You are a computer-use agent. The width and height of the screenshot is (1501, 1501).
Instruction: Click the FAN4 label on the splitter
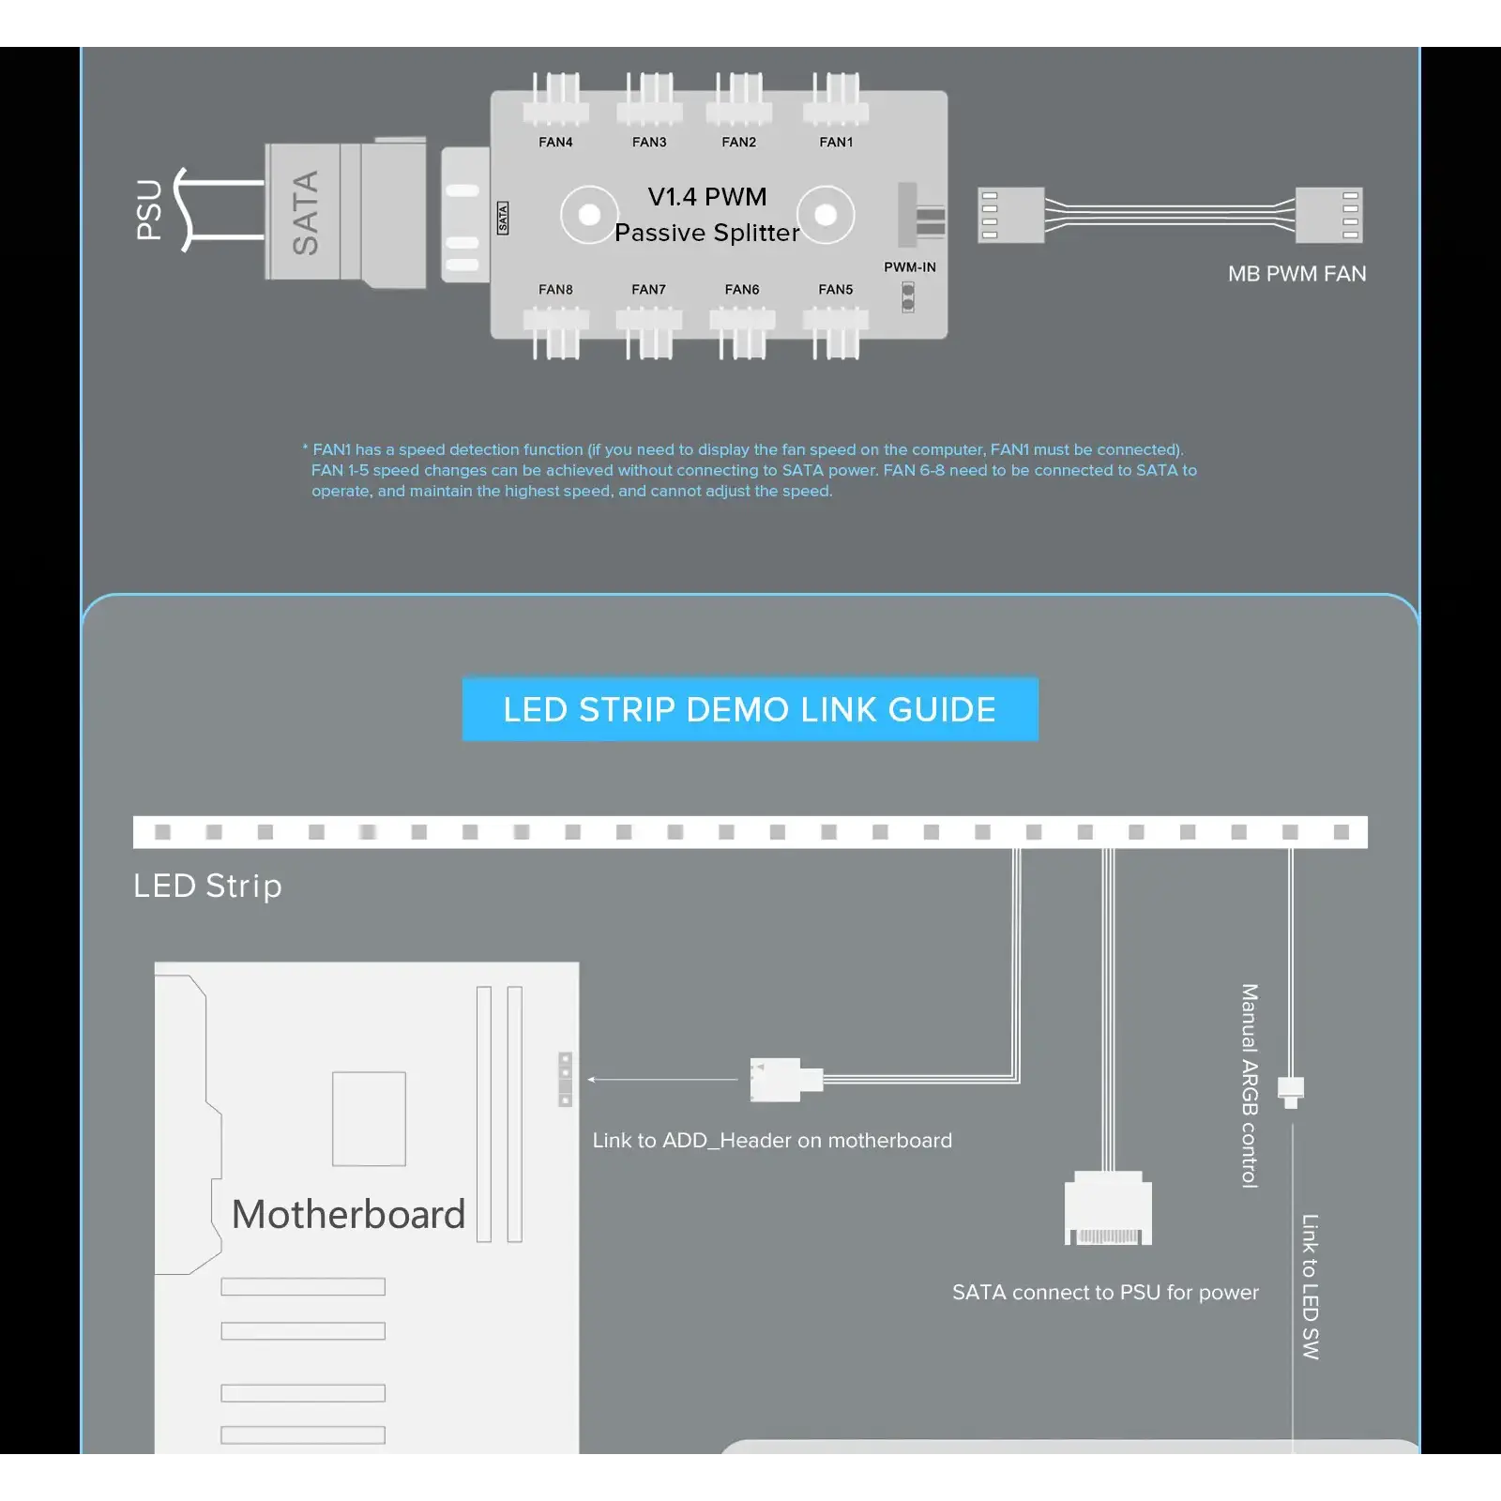(x=555, y=143)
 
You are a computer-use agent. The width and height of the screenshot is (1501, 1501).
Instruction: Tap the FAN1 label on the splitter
(x=836, y=143)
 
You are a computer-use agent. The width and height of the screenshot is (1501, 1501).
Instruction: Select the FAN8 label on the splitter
(x=555, y=290)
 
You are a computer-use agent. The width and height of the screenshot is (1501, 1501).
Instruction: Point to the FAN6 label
(x=742, y=290)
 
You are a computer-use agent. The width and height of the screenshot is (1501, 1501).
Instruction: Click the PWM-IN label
(x=910, y=267)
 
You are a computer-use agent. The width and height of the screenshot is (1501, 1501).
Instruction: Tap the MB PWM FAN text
(x=1297, y=274)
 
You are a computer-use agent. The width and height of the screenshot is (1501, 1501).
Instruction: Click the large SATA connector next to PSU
(x=345, y=212)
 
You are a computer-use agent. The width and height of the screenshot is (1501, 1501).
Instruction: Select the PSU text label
(x=149, y=210)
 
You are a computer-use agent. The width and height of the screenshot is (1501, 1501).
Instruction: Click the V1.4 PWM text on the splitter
(x=707, y=197)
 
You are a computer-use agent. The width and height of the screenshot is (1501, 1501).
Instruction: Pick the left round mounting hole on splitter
(x=589, y=215)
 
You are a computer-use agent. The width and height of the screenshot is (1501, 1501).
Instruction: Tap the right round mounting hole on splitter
(x=826, y=215)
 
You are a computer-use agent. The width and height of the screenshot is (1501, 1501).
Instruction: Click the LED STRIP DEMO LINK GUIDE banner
(x=750, y=709)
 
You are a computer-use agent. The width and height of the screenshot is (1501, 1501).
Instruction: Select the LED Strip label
(x=207, y=886)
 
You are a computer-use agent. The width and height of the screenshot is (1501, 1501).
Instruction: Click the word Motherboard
(x=348, y=1214)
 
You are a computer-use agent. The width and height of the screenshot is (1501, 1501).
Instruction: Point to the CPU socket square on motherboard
(x=369, y=1119)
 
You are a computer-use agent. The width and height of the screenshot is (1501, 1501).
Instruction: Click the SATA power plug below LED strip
(x=1108, y=1208)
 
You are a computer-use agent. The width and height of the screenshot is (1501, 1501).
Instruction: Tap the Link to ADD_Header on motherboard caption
(x=772, y=1141)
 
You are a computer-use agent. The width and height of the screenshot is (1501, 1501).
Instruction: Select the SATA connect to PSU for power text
(x=1105, y=1293)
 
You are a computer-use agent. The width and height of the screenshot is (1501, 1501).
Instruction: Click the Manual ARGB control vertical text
(x=1250, y=1086)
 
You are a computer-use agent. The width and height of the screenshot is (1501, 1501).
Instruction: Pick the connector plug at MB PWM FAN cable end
(x=1328, y=215)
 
